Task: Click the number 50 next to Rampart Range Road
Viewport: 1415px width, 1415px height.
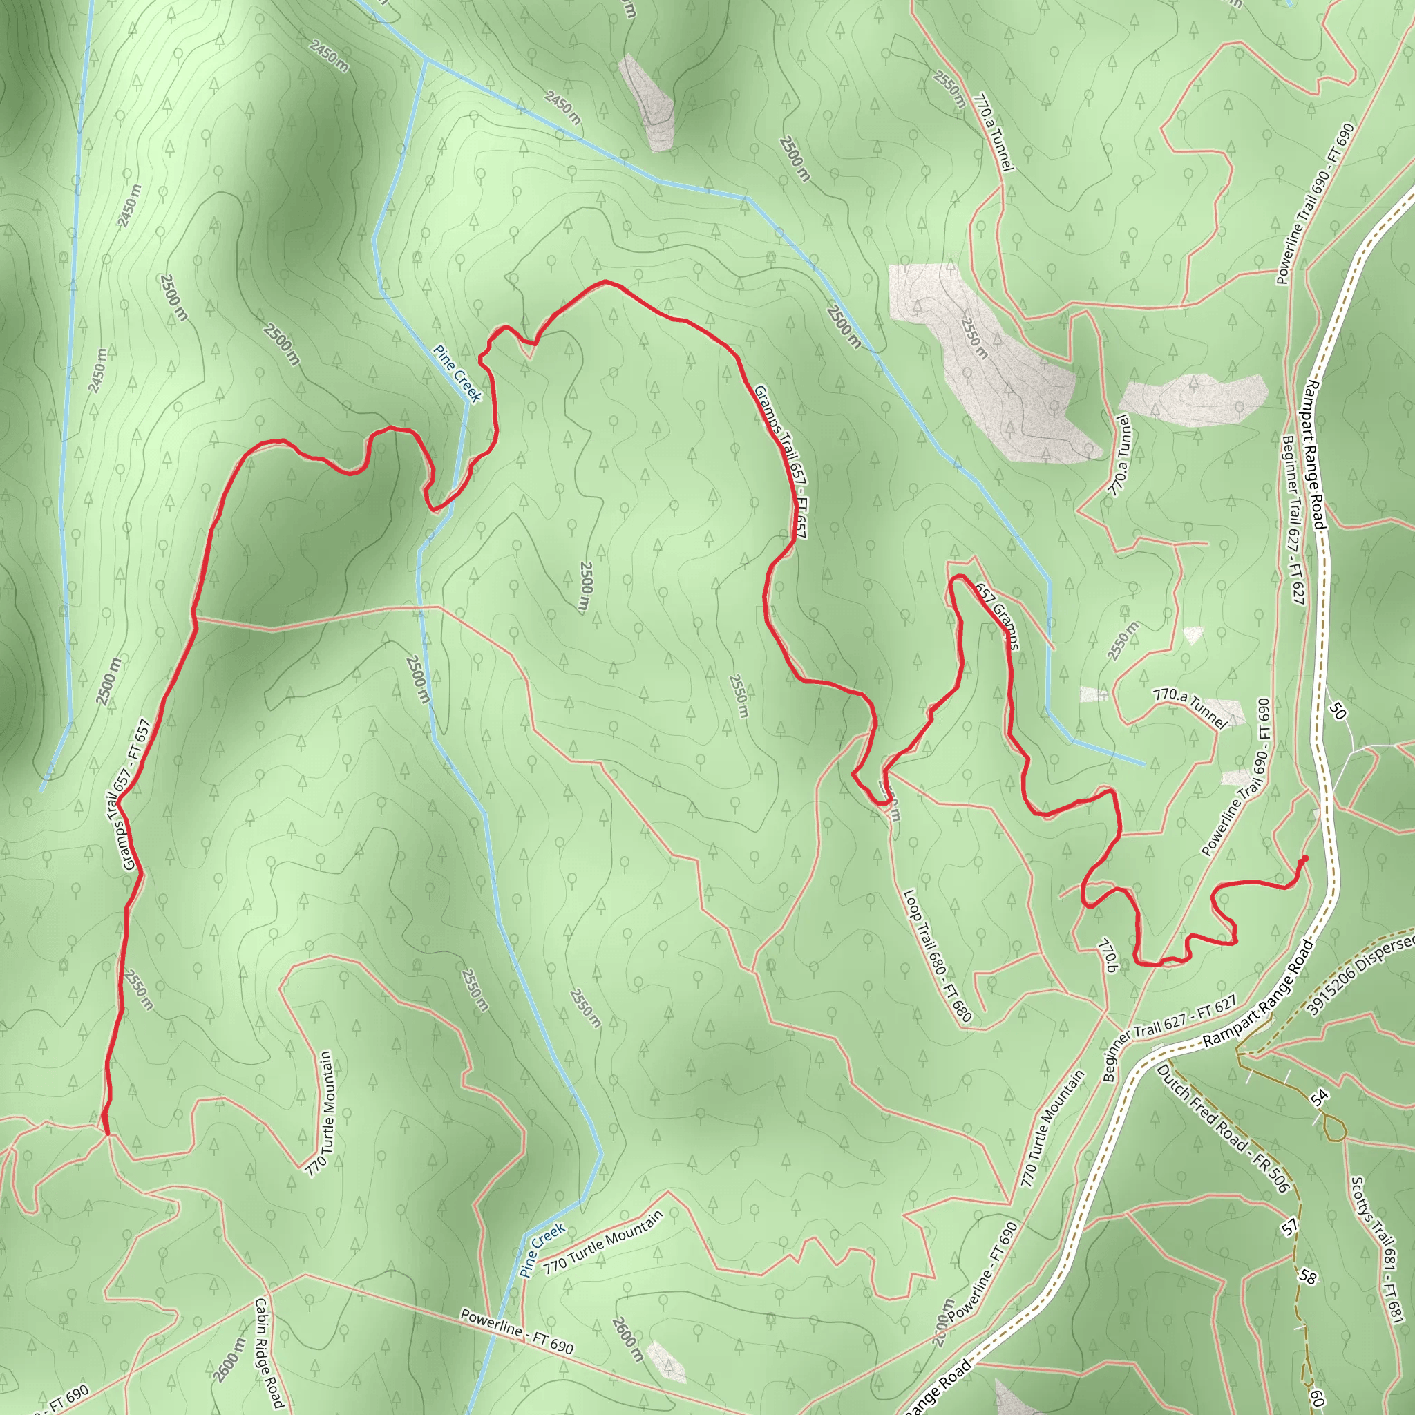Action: click(x=1338, y=710)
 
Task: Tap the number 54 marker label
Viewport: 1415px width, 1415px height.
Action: click(x=1319, y=1097)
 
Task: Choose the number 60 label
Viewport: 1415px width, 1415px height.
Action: click(x=1316, y=1398)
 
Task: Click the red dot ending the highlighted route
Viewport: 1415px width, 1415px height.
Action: click(x=1304, y=858)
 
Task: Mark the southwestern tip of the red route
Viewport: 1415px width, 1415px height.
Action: click(x=107, y=1133)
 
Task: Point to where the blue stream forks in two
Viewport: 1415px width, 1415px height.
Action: click(x=426, y=59)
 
